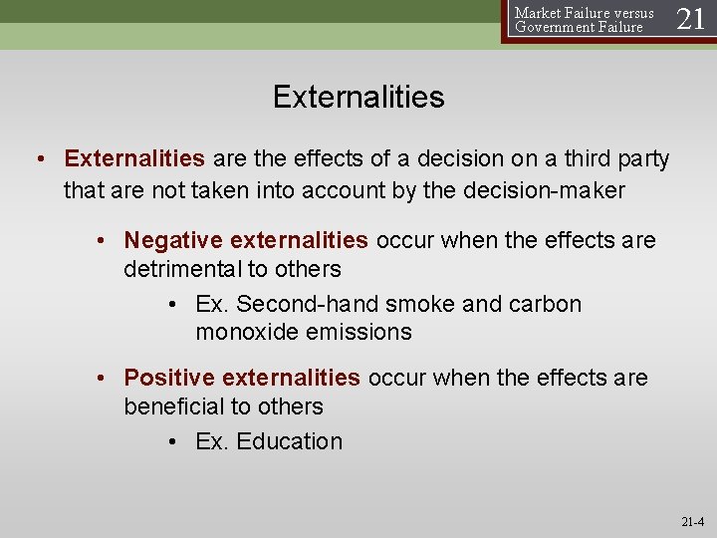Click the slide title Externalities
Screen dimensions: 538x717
(x=358, y=97)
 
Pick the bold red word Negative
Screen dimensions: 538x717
(x=173, y=240)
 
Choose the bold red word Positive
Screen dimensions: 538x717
(x=169, y=378)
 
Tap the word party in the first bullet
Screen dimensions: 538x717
(x=643, y=159)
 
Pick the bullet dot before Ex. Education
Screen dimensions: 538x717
(x=173, y=442)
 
